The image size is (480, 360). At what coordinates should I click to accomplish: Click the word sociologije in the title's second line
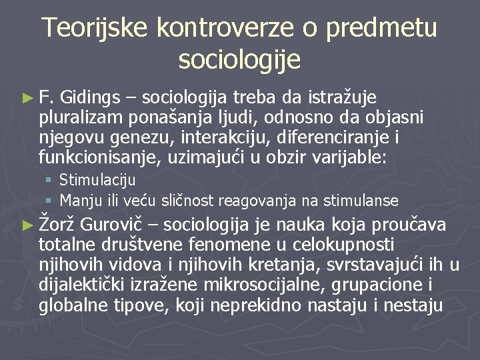pyautogui.click(x=239, y=60)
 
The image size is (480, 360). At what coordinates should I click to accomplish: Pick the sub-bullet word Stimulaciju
pyautogui.click(x=97, y=180)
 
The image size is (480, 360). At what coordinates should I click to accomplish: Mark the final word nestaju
pyautogui.click(x=419, y=306)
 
